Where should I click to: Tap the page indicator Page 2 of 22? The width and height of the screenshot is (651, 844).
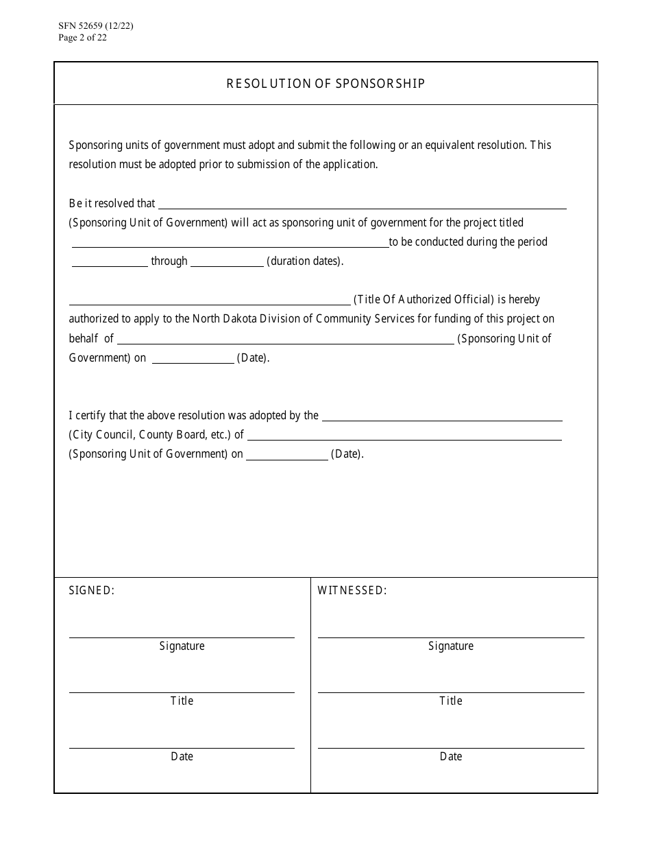(x=83, y=38)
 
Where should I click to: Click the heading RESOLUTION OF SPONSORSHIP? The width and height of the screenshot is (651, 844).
(x=325, y=84)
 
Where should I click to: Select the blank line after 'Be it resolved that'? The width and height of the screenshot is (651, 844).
(x=363, y=204)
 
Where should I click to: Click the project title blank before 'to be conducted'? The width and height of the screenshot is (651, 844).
(x=230, y=243)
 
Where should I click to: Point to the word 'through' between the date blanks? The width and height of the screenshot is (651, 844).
(x=169, y=261)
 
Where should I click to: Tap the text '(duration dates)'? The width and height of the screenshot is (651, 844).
(x=305, y=261)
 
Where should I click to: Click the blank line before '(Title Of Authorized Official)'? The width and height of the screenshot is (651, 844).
(x=210, y=301)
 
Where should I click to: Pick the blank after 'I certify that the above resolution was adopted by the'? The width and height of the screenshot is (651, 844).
(x=442, y=417)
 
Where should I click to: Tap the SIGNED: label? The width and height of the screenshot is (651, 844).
(x=92, y=591)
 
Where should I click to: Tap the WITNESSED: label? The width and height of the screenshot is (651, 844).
(x=352, y=591)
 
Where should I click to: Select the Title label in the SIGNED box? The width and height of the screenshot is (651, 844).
(x=182, y=701)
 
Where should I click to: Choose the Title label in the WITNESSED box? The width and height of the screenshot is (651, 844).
(x=451, y=701)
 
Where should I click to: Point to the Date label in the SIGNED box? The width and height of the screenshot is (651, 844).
(x=182, y=757)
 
